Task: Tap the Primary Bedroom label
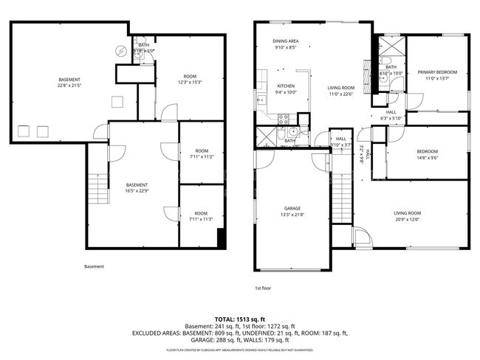(437, 72)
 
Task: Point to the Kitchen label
(266, 86)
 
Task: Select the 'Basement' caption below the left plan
(94, 266)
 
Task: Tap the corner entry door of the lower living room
(363, 238)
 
